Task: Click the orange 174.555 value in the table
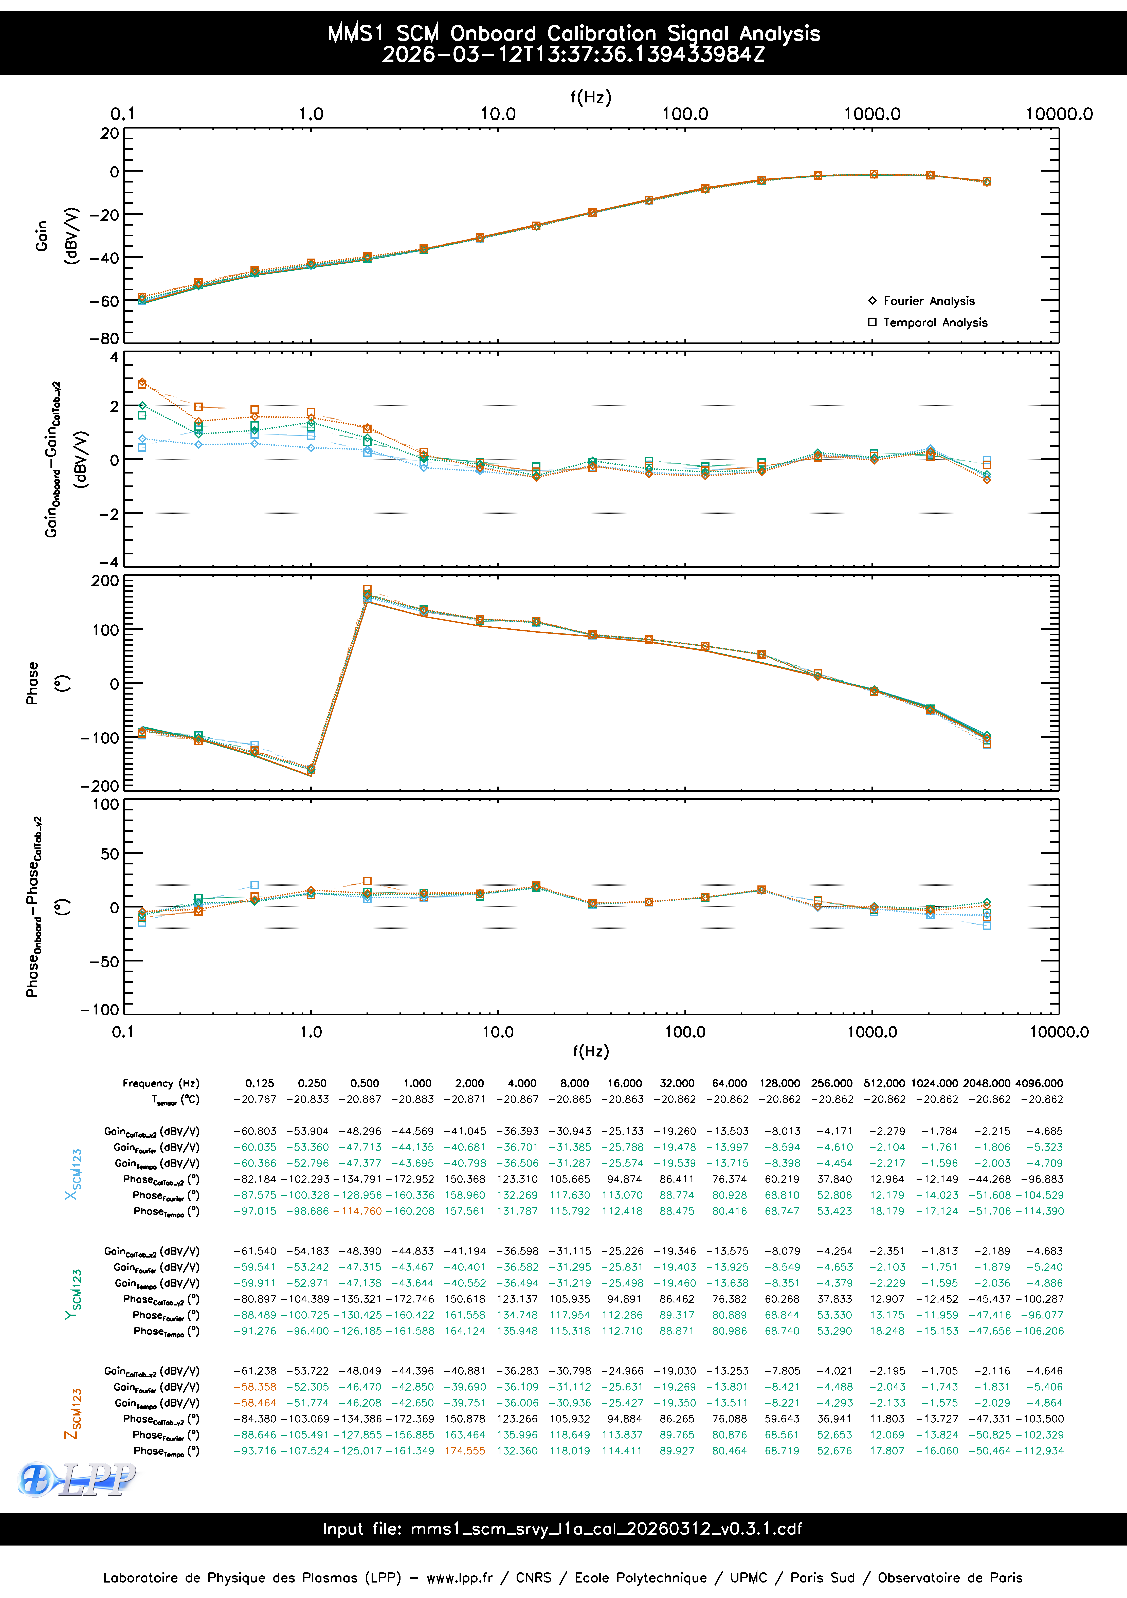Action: (465, 1450)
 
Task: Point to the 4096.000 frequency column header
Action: (1039, 1083)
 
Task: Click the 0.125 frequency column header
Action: (260, 1083)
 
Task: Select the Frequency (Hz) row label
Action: (161, 1083)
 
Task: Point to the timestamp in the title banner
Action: (573, 54)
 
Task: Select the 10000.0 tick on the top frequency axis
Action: (1059, 114)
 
